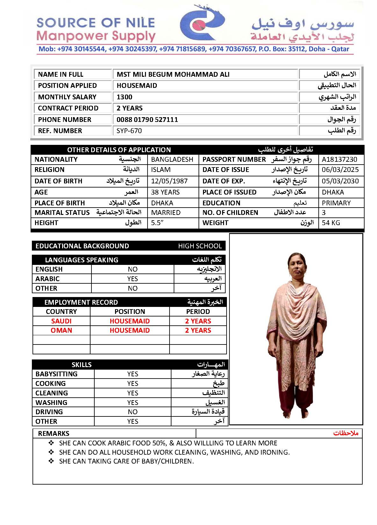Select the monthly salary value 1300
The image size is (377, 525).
click(x=124, y=97)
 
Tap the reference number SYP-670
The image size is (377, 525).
click(x=129, y=131)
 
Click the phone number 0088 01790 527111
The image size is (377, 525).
click(x=147, y=120)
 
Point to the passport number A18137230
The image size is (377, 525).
click(x=339, y=160)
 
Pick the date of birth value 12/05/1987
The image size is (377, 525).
click(x=169, y=181)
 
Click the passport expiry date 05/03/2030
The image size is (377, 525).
click(x=340, y=181)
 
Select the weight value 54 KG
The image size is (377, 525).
click(x=331, y=223)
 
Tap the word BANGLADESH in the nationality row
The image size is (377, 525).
click(x=172, y=160)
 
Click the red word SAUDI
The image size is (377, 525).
click(x=61, y=321)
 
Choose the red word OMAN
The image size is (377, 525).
click(x=61, y=330)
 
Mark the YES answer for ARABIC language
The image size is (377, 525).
click(x=133, y=279)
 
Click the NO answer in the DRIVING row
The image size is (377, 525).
click(x=133, y=412)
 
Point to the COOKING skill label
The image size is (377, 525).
click(x=50, y=384)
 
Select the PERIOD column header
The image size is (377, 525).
click(x=198, y=312)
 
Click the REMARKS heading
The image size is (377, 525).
click(x=54, y=434)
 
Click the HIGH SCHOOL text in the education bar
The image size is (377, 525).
click(x=200, y=246)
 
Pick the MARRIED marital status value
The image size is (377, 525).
click(x=166, y=213)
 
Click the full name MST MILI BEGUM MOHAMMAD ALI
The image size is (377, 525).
click(x=173, y=74)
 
